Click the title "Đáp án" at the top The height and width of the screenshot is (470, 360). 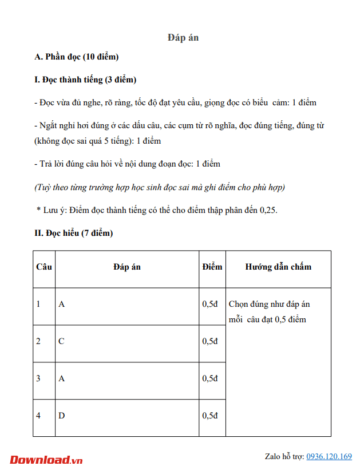pos(183,37)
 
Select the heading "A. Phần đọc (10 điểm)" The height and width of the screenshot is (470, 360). pos(77,57)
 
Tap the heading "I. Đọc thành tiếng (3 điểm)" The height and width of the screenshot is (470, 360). pos(85,80)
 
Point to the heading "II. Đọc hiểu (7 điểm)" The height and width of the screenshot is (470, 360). pos(74,233)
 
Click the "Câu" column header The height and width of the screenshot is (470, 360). pos(43,267)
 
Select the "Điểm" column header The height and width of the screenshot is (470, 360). pos(212,267)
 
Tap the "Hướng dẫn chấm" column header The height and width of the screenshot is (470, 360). pos(278,267)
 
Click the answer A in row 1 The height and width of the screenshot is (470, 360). pos(62,304)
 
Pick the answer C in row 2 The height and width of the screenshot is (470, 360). pos(62,341)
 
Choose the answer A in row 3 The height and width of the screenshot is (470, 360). pos(62,378)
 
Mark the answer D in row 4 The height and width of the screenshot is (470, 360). pos(62,416)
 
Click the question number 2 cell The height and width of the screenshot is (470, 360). pos(38,341)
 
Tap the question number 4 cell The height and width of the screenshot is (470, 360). pos(38,416)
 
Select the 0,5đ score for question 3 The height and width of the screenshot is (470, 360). pos(210,378)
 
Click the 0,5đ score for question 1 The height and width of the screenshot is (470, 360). pos(210,304)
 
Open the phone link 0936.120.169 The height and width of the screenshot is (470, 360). pos(329,456)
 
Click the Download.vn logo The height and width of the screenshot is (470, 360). pos(46,459)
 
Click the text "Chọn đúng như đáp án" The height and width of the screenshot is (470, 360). pos(269,304)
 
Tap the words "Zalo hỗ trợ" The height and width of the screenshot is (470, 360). pos(284,456)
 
